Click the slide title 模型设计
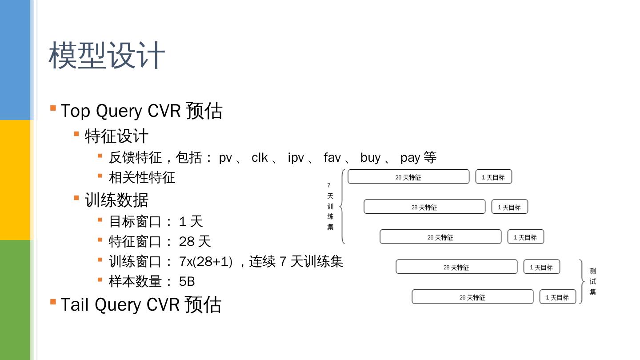point(107,56)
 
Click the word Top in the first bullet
point(75,111)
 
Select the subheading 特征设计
point(116,136)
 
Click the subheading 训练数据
point(116,200)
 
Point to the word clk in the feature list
point(260,157)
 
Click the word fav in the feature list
point(332,157)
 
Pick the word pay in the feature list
point(410,157)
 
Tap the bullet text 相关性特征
point(142,177)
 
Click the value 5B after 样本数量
point(187,281)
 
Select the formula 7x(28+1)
point(206,261)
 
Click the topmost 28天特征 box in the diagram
point(408,177)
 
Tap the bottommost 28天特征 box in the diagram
point(472,297)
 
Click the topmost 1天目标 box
point(493,177)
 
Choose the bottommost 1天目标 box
point(557,297)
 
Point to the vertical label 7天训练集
point(330,206)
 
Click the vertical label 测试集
point(592,281)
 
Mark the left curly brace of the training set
point(342,206)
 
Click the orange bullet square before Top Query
point(53,108)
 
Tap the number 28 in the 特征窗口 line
point(187,241)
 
